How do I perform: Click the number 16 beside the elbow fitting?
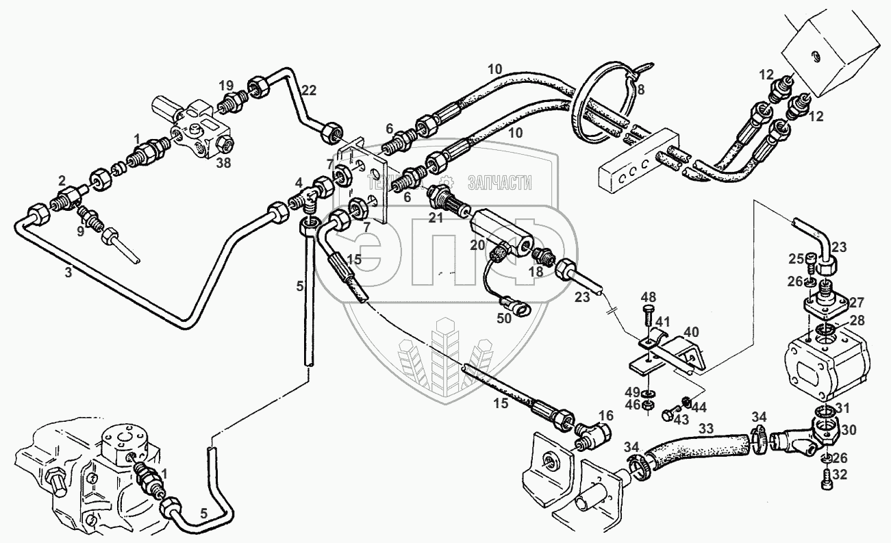tap(605, 415)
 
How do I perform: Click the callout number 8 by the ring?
tap(640, 89)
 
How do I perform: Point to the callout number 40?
tap(692, 332)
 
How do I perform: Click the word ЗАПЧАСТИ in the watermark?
tap(499, 182)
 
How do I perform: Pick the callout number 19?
tap(226, 86)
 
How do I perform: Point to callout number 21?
tap(436, 218)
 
